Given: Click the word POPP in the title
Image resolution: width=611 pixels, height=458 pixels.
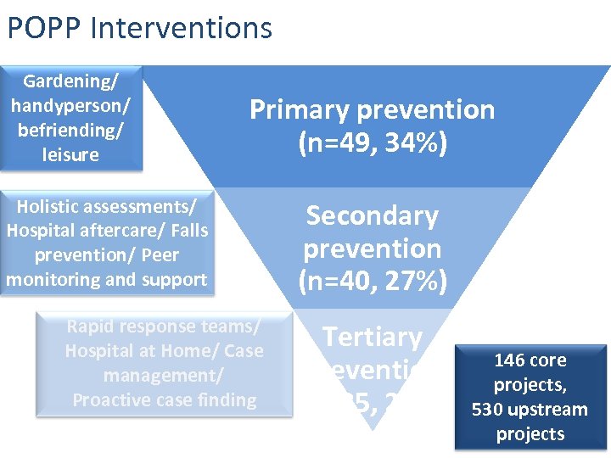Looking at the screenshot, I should click(43, 27).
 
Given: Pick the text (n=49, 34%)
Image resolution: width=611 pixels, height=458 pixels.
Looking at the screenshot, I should click(373, 142).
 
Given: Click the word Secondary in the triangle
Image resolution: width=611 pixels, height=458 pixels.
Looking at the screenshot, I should click(373, 216).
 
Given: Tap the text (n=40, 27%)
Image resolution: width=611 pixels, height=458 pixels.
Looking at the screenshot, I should click(373, 281).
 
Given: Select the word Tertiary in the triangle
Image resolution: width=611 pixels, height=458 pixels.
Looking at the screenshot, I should click(373, 338).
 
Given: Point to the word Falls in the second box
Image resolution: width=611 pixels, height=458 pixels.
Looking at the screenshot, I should click(188, 231).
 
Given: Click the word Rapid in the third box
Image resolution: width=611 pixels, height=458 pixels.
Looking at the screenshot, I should click(91, 327).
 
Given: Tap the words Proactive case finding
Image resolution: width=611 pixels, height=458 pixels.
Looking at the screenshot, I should click(165, 399).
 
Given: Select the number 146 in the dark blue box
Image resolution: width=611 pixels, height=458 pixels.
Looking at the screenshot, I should click(507, 360).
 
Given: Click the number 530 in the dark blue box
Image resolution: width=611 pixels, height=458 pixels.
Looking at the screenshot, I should click(488, 410).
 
